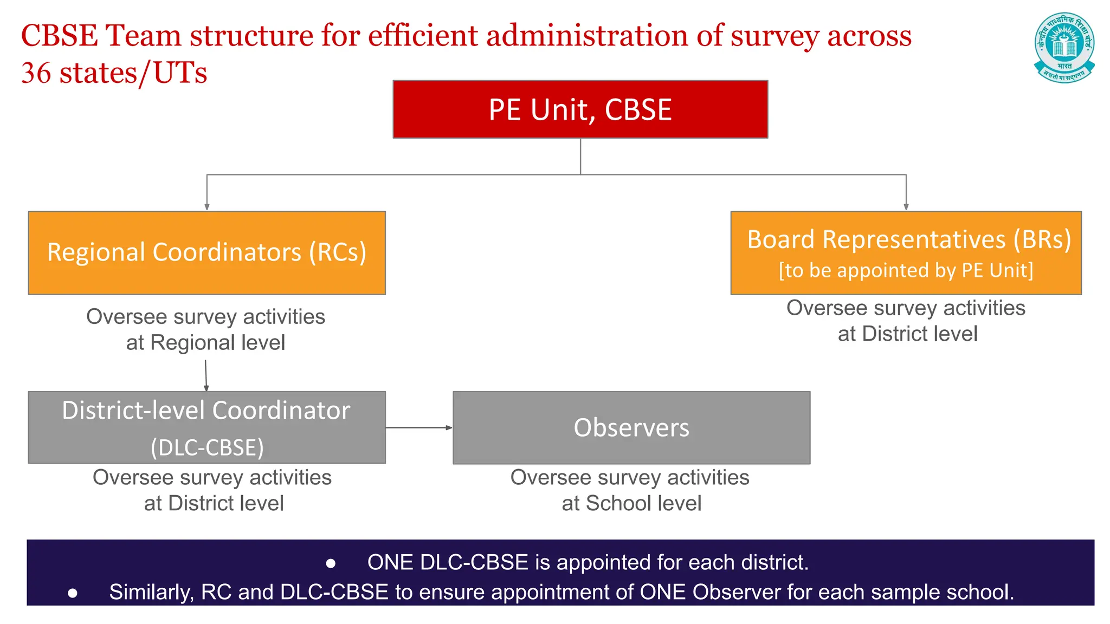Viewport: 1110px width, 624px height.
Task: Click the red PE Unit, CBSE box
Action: [580, 109]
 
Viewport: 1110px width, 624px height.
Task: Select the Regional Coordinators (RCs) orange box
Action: [206, 253]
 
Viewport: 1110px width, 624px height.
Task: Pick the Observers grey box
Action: [631, 428]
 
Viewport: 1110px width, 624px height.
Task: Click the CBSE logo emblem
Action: [1064, 48]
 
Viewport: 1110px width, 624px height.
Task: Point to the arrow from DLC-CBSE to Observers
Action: [418, 428]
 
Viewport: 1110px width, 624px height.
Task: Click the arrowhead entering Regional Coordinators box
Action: [206, 207]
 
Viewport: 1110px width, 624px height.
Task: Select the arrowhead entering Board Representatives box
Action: [906, 207]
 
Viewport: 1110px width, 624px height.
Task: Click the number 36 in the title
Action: [36, 73]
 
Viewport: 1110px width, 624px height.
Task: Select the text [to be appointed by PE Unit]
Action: [906, 270]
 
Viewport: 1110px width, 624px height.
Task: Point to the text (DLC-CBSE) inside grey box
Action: [207, 448]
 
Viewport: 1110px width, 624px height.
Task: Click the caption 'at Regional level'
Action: [205, 343]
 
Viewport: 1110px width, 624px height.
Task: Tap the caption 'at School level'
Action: [631, 504]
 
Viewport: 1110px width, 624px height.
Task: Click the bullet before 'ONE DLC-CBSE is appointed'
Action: [331, 564]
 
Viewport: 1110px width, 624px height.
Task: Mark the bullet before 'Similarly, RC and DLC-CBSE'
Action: [73, 594]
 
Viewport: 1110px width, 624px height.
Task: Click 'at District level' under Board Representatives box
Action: [907, 334]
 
